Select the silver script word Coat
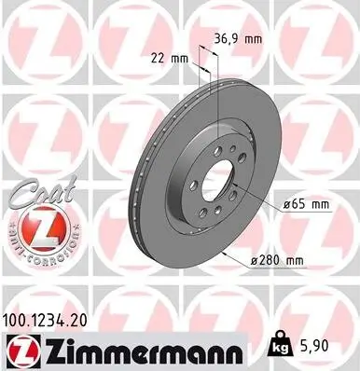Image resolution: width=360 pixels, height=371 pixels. pos(36,198)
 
